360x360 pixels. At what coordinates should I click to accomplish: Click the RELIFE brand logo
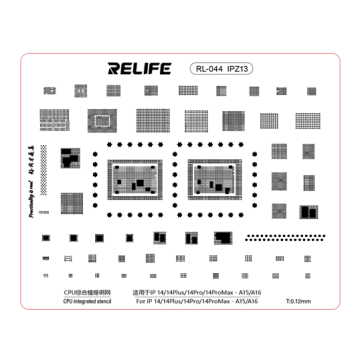[139, 69]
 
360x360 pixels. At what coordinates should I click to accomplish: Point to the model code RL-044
[206, 70]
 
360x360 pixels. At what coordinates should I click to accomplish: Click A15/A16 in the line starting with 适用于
[253, 291]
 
